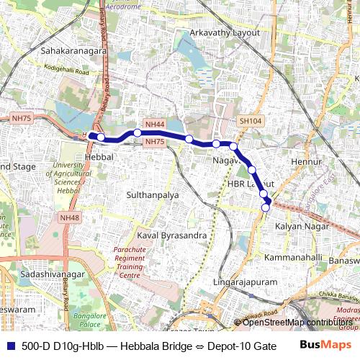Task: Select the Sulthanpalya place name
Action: [x=153, y=194]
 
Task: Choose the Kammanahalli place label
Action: [x=294, y=257]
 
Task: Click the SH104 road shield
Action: [x=250, y=122]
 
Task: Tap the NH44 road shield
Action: [x=154, y=124]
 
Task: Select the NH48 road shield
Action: [x=69, y=217]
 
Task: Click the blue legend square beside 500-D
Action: [x=8, y=345]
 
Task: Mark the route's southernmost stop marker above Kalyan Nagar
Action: [x=266, y=207]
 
